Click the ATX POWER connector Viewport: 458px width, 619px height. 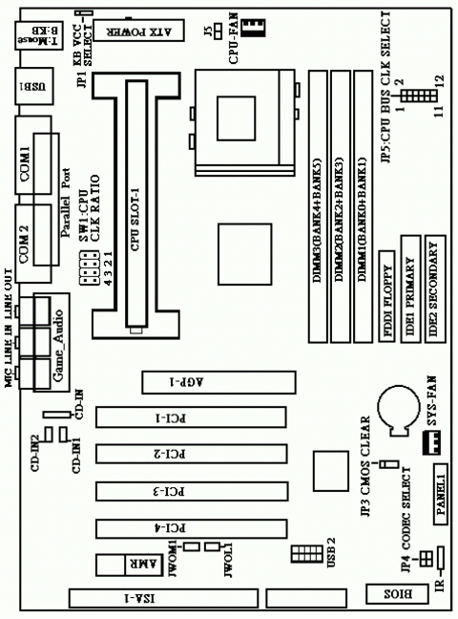(152, 31)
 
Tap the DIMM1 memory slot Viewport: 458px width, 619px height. (364, 207)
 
